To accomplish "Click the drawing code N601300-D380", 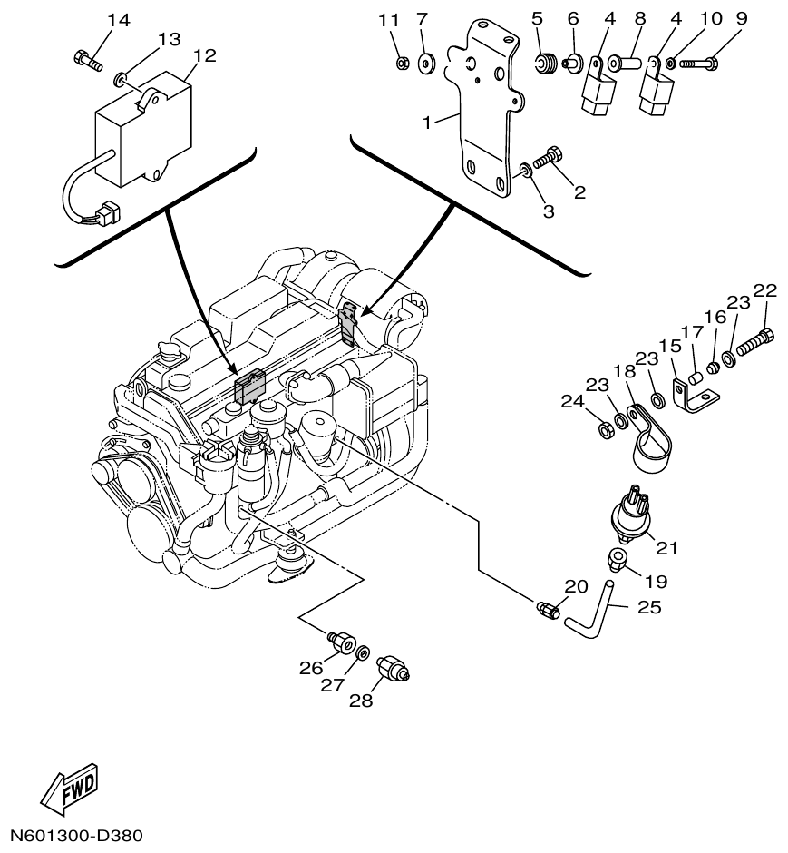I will [76, 834].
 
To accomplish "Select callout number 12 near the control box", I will [205, 55].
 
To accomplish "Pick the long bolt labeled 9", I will [698, 64].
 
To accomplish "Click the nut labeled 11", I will [404, 63].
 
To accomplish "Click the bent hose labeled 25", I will [594, 612].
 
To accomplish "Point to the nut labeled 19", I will [618, 558].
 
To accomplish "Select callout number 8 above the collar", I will [640, 19].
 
